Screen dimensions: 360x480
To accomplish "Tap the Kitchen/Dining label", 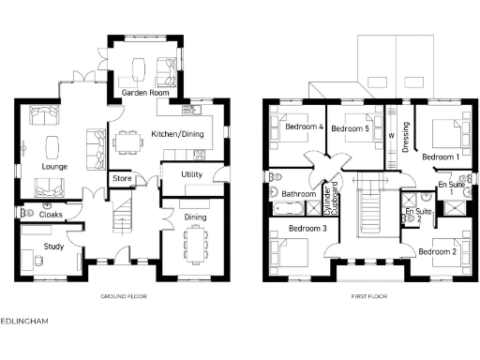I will click(178, 134).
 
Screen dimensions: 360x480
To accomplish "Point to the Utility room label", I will click(192, 175).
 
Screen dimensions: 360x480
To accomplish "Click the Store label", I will click(122, 177).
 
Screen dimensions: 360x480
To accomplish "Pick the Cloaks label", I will click(52, 215).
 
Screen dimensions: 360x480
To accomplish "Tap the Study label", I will click(52, 247).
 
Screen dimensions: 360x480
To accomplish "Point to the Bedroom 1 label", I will click(440, 156).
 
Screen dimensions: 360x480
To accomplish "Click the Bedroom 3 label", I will click(307, 228).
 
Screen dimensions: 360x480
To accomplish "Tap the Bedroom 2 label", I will click(437, 251).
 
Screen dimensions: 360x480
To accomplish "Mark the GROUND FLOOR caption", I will click(124, 296).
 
